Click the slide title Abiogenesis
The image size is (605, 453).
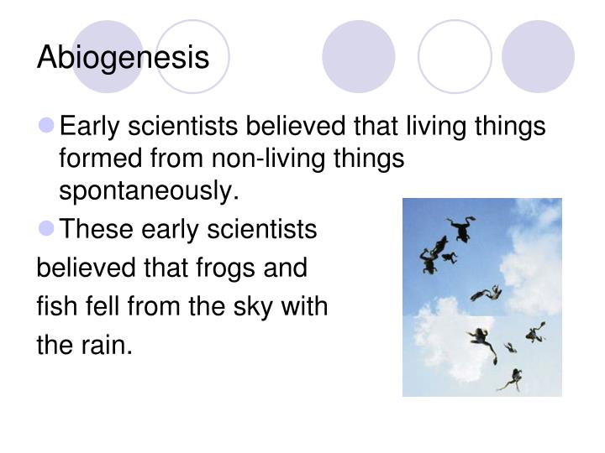click(123, 58)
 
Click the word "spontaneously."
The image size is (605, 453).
click(150, 190)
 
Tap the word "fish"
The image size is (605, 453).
click(51, 307)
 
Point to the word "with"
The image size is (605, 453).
click(306, 307)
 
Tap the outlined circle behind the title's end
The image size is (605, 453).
click(193, 55)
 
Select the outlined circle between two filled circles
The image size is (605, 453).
click(454, 55)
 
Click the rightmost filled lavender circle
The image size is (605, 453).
click(538, 55)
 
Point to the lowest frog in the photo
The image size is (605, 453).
click(509, 379)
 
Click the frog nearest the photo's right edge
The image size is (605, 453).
click(535, 332)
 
